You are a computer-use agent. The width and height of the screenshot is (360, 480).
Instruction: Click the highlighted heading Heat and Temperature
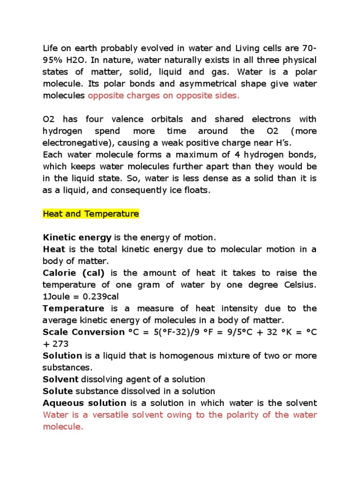point(91,214)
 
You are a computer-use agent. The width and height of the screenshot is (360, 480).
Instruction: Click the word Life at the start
point(50,48)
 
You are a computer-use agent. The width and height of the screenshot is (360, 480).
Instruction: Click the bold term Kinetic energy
point(77,238)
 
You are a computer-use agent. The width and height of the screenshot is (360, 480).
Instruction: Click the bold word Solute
point(58,391)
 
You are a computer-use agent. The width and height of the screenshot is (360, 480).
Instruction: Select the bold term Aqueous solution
point(84,403)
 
